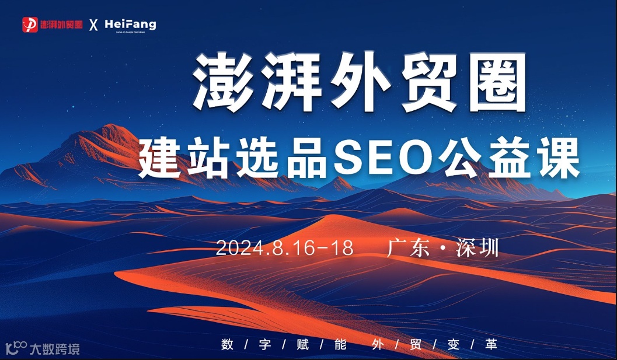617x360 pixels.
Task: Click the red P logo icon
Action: tap(30, 25)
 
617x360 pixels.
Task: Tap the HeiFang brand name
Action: tap(130, 24)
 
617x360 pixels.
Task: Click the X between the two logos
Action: tap(93, 25)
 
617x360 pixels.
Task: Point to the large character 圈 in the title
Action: tap(494, 82)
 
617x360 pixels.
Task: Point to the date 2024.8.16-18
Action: tap(285, 248)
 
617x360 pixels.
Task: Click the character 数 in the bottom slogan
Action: tap(228, 344)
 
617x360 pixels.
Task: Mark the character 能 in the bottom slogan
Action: tap(340, 344)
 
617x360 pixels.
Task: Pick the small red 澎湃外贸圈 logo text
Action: tap(61, 25)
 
